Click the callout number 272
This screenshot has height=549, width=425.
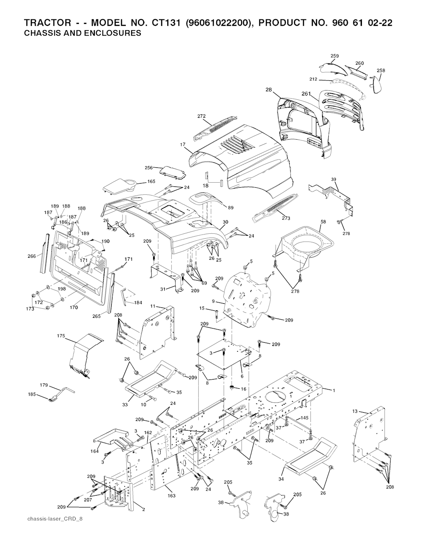202,116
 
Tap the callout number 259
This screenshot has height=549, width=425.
335,56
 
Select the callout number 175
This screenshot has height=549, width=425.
61,336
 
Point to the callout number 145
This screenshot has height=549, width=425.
304,418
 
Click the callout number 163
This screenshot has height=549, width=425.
171,496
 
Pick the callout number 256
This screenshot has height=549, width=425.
149,168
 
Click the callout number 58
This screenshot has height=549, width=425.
323,222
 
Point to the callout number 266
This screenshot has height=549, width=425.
32,256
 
